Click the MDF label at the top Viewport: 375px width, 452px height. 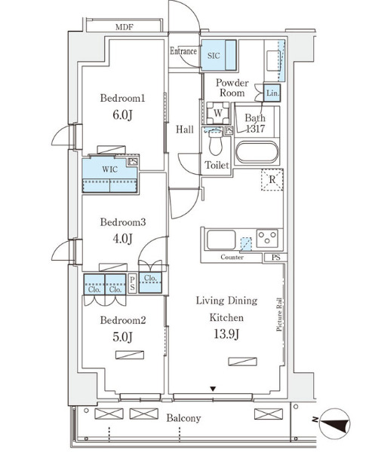coord(124,26)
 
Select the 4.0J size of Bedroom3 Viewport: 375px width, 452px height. coord(122,239)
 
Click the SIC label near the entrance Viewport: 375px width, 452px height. coord(214,55)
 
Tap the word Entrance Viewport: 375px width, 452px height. coord(183,52)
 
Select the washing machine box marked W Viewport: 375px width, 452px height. coord(217,112)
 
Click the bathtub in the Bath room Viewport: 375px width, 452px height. coord(257,153)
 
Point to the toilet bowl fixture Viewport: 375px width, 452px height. coord(214,142)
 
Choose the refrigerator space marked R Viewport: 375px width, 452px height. coord(271,180)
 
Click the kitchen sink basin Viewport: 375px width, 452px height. coord(220,242)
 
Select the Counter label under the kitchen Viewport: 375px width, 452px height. coord(232,258)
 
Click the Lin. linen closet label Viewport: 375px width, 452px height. coord(272,93)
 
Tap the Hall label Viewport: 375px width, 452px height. coord(185,130)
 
